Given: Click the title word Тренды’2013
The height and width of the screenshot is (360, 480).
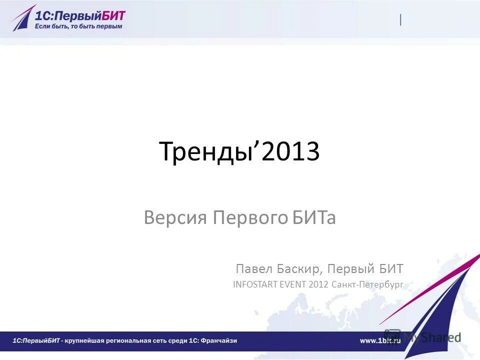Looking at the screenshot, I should (x=239, y=152).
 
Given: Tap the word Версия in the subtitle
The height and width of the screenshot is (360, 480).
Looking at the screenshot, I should (x=176, y=218).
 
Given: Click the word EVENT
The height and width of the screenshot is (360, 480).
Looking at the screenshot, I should (x=294, y=284).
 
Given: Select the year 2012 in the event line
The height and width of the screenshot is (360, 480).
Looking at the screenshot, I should (x=319, y=284).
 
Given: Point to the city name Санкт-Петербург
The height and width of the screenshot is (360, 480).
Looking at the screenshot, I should (x=367, y=284).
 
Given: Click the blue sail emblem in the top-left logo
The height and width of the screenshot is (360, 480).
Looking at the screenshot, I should (x=23, y=18).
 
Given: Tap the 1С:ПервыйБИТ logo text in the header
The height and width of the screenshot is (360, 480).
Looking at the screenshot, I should (x=80, y=14).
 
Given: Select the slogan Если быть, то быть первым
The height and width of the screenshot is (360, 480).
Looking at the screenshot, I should (x=78, y=26).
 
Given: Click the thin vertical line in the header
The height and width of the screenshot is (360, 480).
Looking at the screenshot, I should (x=400, y=20).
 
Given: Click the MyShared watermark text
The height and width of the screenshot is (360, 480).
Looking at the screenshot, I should (x=432, y=337).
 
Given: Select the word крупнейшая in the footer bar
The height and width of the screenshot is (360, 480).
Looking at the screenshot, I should (x=88, y=340).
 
